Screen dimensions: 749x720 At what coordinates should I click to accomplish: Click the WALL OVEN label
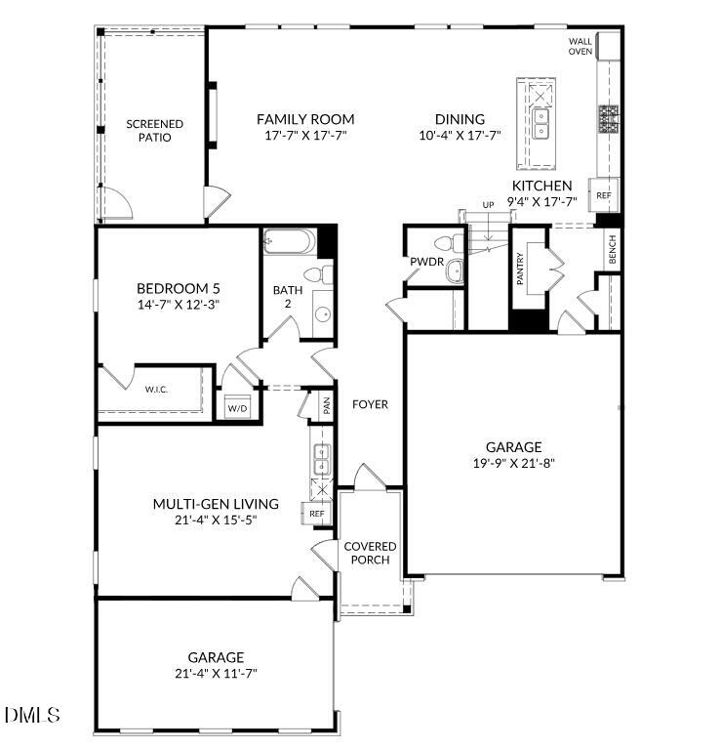580,46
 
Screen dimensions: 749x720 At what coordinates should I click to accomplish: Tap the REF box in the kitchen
604,195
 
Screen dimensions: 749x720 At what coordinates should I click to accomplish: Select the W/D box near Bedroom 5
237,407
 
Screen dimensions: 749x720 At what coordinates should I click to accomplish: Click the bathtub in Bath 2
290,240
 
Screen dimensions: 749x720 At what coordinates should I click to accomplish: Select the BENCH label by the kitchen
613,251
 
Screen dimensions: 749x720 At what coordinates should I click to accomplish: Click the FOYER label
370,403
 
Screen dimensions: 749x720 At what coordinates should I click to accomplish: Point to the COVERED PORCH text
370,553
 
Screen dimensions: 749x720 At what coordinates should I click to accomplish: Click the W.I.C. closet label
156,390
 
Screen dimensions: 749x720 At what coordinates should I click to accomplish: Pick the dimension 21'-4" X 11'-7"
216,673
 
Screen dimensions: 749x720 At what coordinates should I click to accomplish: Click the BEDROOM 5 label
178,288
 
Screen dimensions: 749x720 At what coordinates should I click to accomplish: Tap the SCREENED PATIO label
154,131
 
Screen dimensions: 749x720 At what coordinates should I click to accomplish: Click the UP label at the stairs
488,204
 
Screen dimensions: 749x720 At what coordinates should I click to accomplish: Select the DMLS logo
31,716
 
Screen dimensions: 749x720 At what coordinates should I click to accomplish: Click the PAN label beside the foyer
326,406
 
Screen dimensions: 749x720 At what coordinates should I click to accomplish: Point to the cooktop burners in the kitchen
610,119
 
